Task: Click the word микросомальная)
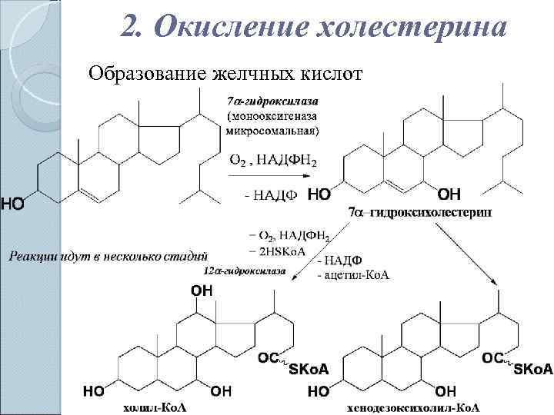click(272, 131)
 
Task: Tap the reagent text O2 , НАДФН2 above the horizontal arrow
click(273, 161)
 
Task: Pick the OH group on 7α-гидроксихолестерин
click(449, 194)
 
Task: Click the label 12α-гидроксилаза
click(245, 271)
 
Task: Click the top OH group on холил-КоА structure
click(202, 290)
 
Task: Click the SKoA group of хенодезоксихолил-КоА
click(532, 370)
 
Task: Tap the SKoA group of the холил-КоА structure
click(309, 370)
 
